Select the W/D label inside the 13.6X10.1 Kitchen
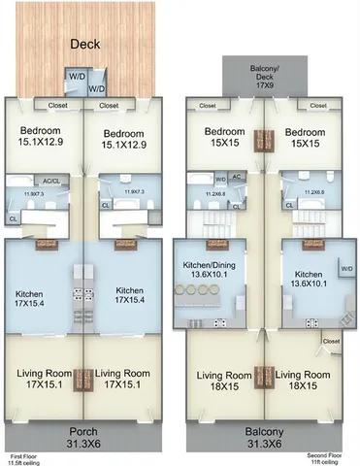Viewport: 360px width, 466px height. (346, 267)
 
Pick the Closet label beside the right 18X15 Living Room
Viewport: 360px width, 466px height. (331, 342)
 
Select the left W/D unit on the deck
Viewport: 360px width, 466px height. (76, 74)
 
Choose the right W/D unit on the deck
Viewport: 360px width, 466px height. (97, 88)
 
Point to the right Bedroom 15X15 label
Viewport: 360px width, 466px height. (304, 137)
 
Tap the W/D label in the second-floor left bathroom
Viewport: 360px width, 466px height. (220, 180)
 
